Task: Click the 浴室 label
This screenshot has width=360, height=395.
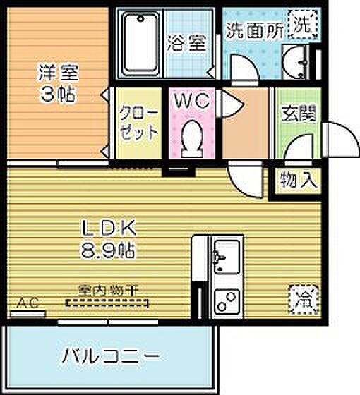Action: pos(187,43)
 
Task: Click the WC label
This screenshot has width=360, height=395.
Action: pos(191,101)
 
